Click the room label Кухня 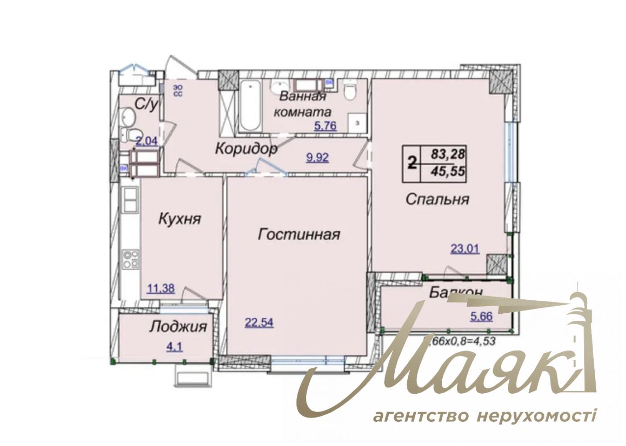point(180,219)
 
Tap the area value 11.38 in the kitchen point(161,289)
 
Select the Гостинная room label point(299,234)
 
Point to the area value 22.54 point(259,322)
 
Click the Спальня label point(437,199)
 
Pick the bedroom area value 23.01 point(465,248)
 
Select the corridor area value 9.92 point(317,157)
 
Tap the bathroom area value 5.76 point(325,126)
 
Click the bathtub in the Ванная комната point(250,105)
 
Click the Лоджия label point(178,326)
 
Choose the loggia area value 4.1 point(174,347)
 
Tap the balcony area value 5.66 point(481,316)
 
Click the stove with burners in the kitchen point(131,259)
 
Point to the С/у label point(146,105)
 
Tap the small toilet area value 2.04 point(147,142)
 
